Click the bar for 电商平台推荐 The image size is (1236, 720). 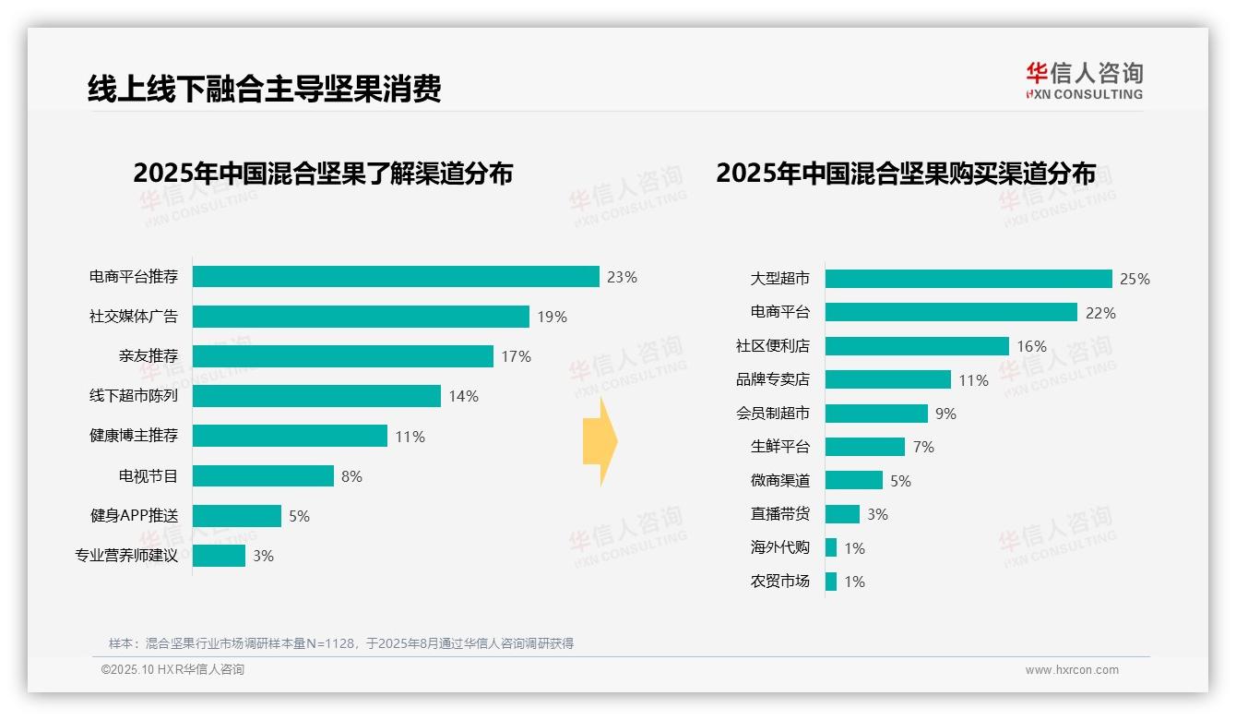(396, 277)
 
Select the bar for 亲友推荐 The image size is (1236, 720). (342, 356)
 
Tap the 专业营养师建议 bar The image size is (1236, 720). (219, 556)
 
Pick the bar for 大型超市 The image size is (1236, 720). (969, 279)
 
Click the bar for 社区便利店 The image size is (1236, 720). (917, 346)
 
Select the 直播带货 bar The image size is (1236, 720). (842, 514)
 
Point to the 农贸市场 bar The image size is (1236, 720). (831, 582)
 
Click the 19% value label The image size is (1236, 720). (552, 317)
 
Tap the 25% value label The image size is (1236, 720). (1135, 279)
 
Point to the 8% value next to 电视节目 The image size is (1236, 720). (351, 476)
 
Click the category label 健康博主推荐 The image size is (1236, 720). (134, 436)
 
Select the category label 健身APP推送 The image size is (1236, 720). (134, 516)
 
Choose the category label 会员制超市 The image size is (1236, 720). (773, 414)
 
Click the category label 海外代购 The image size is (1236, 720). (779, 547)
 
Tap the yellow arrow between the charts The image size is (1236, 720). (600, 441)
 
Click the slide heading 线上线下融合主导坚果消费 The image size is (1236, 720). (264, 89)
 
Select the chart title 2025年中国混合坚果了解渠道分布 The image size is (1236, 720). (323, 174)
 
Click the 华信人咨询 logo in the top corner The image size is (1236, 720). (1084, 80)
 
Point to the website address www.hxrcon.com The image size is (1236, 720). (1072, 670)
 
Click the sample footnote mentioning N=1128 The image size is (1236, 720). (341, 643)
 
